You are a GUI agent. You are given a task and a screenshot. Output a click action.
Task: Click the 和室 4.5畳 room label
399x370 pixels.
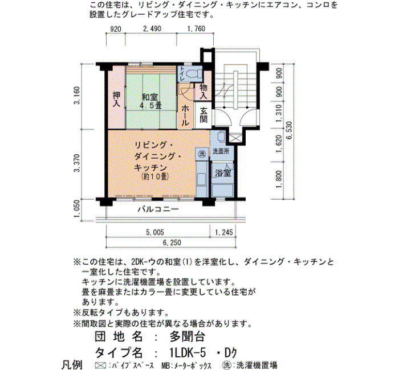(152, 101)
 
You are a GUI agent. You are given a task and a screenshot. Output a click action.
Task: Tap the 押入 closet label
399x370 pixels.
(116, 100)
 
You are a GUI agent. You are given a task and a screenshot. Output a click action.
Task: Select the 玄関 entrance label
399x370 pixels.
(203, 115)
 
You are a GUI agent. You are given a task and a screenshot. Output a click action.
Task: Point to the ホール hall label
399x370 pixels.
(185, 116)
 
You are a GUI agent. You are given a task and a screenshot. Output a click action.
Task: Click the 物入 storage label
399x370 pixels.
(203, 92)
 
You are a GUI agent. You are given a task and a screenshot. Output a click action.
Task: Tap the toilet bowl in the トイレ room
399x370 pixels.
(194, 74)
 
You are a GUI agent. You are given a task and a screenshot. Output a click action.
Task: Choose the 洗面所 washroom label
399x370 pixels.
(221, 151)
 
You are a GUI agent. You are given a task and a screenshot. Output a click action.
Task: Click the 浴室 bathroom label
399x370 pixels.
(223, 173)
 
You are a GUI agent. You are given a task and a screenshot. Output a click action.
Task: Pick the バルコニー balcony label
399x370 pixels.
(158, 209)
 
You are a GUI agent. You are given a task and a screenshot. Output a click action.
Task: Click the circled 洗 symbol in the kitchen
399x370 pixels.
(202, 154)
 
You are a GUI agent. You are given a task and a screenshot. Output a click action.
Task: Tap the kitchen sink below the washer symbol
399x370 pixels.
(202, 179)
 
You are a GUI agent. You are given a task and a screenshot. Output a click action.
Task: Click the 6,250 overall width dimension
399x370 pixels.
(172, 242)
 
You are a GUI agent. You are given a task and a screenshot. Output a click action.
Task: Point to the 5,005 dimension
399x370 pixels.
(154, 232)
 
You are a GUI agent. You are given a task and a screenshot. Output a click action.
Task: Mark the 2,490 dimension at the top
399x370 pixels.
(152, 28)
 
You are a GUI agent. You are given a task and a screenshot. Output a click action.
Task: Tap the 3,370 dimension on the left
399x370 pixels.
(76, 163)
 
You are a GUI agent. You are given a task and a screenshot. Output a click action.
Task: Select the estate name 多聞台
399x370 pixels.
(188, 337)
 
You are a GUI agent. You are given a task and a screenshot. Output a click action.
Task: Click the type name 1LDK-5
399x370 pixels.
(188, 353)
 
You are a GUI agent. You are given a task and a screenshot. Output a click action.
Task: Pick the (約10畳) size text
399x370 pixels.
(155, 176)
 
